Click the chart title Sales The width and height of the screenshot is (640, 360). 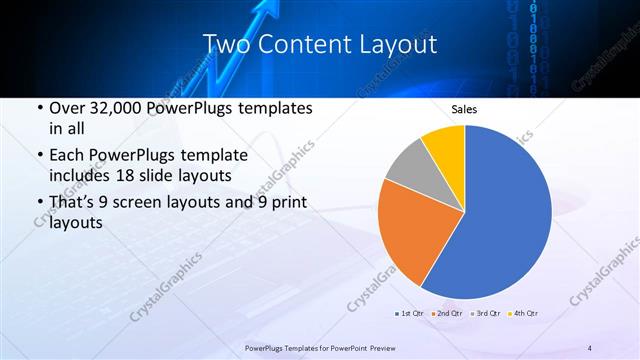[x=465, y=109]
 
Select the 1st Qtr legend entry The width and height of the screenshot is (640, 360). [x=409, y=313]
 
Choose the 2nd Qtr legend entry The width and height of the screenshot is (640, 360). [x=446, y=313]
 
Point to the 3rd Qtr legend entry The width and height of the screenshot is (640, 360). [x=485, y=313]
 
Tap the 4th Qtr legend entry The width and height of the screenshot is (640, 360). [x=523, y=313]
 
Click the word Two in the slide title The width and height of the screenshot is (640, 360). [x=226, y=44]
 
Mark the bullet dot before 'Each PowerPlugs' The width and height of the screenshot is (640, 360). [x=38, y=156]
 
